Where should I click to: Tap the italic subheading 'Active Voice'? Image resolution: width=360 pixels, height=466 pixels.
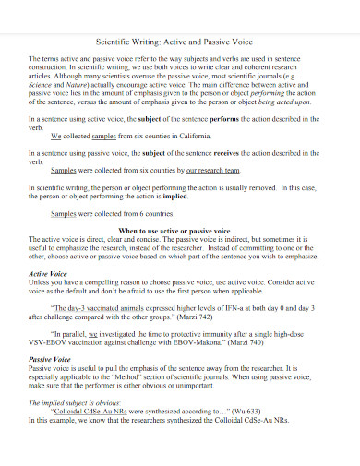(46, 275)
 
